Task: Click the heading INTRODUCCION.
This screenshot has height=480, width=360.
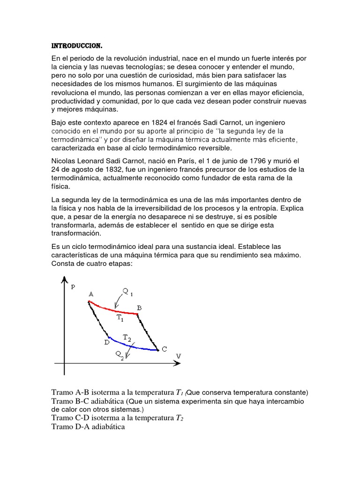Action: pyautogui.click(x=76, y=46)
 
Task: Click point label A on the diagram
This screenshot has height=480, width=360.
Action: pyautogui.click(x=91, y=294)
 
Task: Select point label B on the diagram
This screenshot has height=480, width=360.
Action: pyautogui.click(x=139, y=307)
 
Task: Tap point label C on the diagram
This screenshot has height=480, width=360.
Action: pyautogui.click(x=164, y=349)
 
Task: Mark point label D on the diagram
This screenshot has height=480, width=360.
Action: pyautogui.click(x=106, y=343)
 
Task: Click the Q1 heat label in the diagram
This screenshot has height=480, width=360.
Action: pyautogui.click(x=128, y=292)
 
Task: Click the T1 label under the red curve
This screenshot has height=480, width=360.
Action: pyautogui.click(x=120, y=318)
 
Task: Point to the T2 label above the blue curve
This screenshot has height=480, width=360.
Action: pyautogui.click(x=127, y=337)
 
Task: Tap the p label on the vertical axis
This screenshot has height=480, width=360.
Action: pyautogui.click(x=73, y=287)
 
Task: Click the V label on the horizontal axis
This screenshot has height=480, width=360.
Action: pyautogui.click(x=178, y=356)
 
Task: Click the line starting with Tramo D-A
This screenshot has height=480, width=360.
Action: pyautogui.click(x=88, y=427)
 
